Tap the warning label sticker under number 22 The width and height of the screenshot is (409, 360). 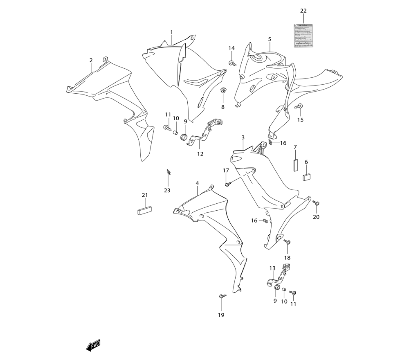click(x=303, y=36)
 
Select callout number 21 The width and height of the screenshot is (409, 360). click(x=144, y=195)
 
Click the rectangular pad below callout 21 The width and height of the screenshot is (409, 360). click(x=144, y=210)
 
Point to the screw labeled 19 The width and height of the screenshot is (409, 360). click(x=221, y=295)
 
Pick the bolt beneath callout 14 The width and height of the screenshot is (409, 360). click(x=232, y=63)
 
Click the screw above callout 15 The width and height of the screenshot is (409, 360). click(x=299, y=106)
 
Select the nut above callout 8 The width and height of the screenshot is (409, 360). click(x=223, y=90)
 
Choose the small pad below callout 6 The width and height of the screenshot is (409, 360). click(x=307, y=176)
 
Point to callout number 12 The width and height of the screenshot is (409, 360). click(x=200, y=154)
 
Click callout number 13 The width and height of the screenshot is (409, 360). click(x=272, y=268)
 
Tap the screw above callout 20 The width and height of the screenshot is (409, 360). click(x=316, y=203)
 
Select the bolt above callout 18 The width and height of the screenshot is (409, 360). click(x=288, y=243)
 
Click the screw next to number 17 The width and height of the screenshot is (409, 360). click(x=227, y=184)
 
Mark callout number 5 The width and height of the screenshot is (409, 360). click(x=270, y=39)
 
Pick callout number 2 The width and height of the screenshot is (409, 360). click(x=91, y=60)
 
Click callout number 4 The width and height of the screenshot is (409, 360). click(x=197, y=183)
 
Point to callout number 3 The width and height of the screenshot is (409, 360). click(x=243, y=137)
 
